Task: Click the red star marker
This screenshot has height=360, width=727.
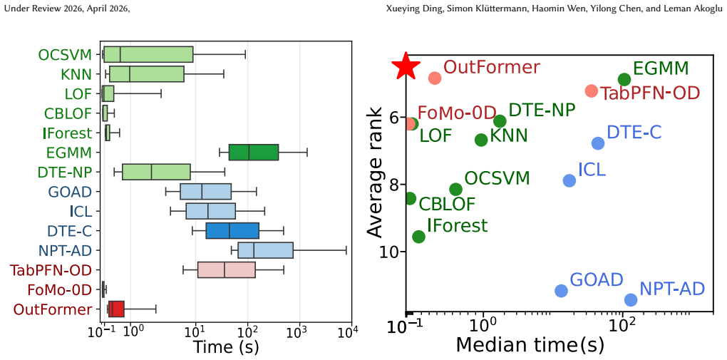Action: coord(406,66)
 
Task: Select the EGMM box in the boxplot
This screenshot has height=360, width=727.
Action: coord(254,152)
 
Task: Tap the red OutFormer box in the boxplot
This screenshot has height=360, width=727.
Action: coord(116,309)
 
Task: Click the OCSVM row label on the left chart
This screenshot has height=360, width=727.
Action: coord(65,55)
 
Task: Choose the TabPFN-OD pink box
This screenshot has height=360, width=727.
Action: coord(226,269)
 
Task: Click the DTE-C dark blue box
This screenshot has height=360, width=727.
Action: coord(232,230)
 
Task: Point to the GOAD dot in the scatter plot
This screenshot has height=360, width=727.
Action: coord(561,290)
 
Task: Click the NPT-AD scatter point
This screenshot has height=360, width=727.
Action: coord(631,299)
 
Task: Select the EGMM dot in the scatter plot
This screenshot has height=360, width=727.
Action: coord(624,79)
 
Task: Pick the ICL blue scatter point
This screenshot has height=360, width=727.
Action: coord(569,180)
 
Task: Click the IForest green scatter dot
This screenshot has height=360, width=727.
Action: coord(418,237)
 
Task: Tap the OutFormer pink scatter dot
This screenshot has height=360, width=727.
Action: coord(435,78)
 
